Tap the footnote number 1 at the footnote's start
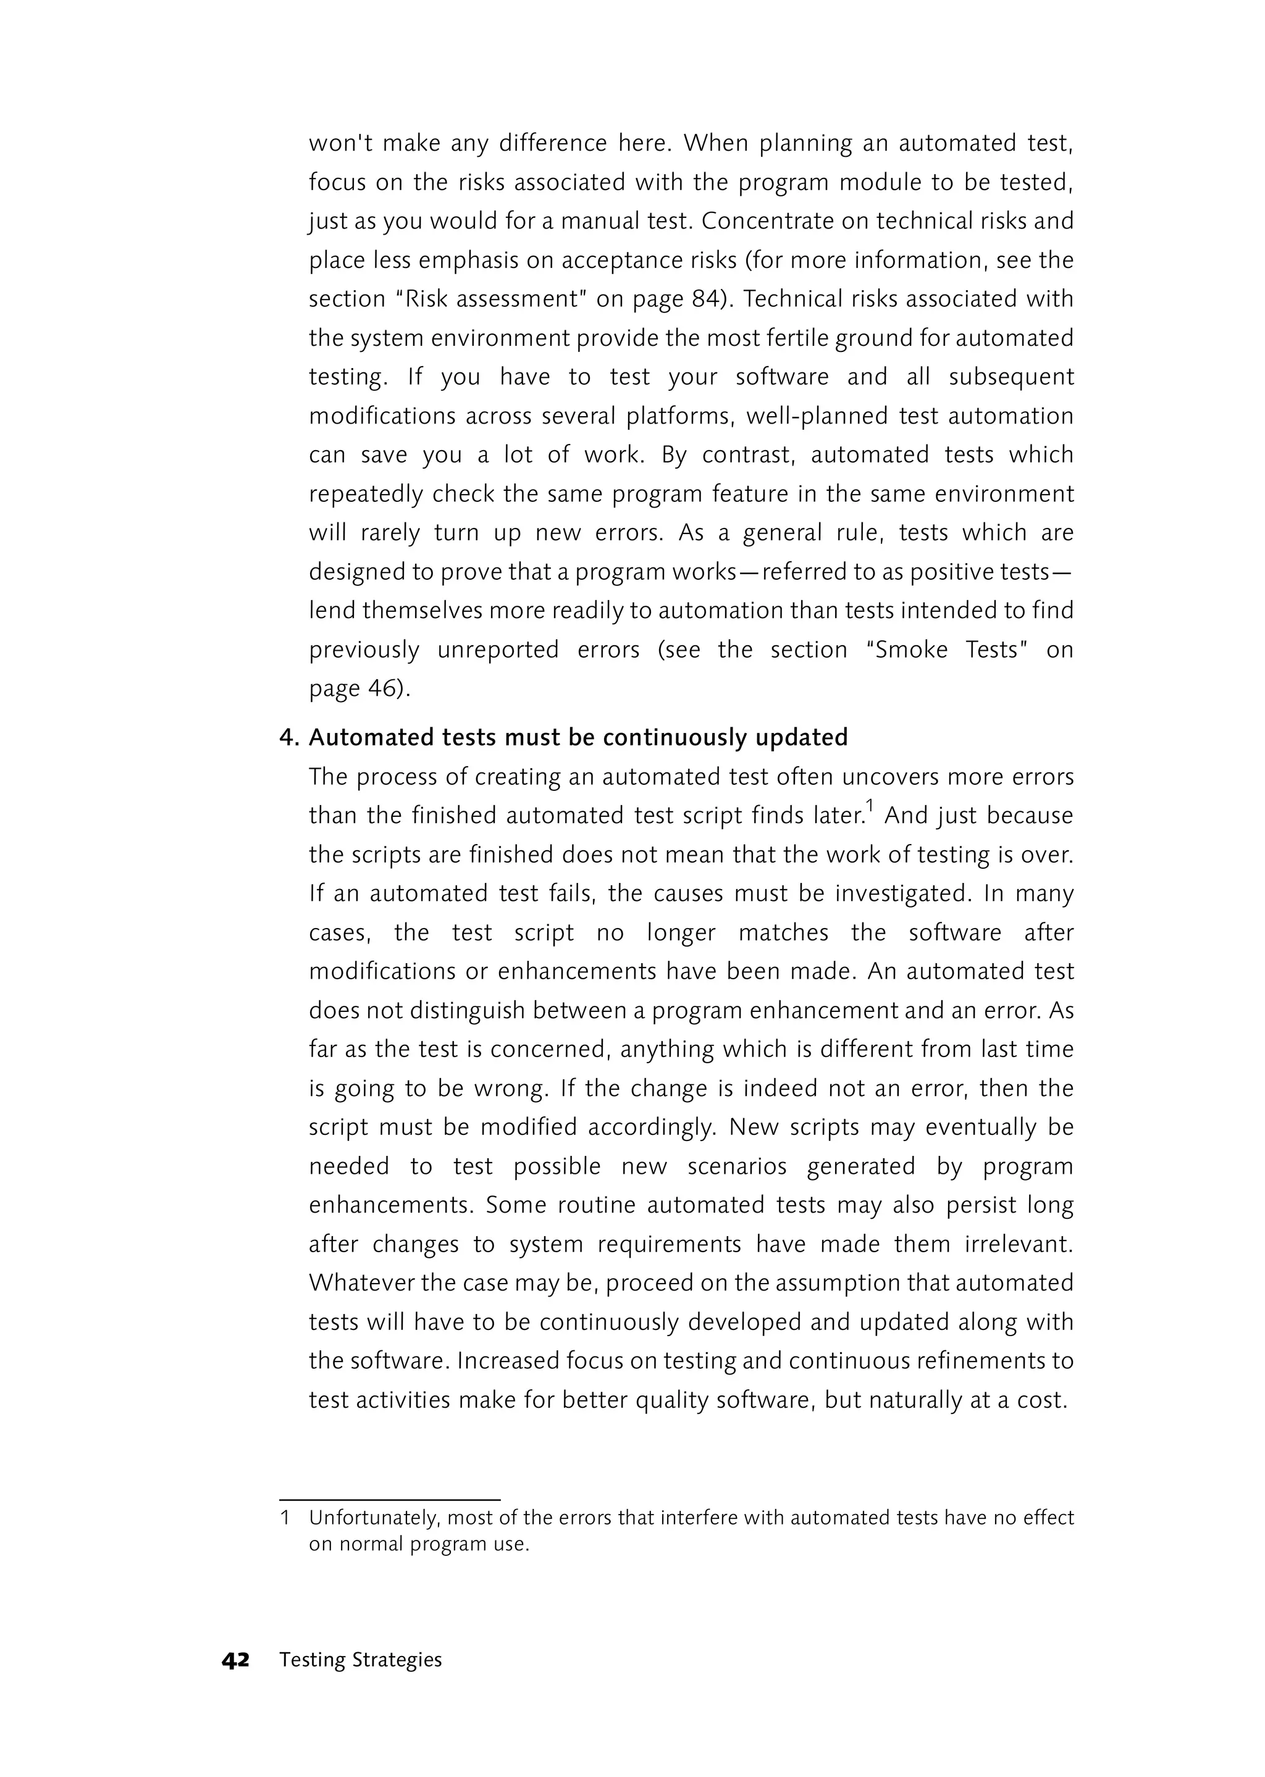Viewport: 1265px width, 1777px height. tap(285, 1517)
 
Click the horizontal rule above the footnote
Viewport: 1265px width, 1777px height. tap(390, 1499)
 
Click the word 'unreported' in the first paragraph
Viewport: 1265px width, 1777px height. tap(498, 650)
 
